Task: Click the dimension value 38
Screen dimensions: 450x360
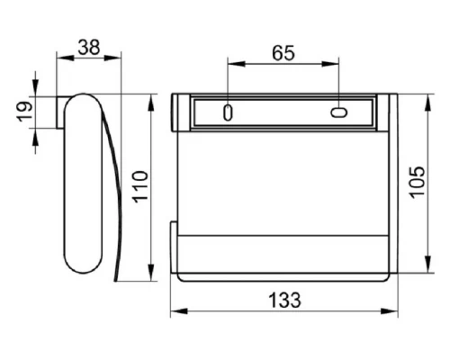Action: [x=89, y=48]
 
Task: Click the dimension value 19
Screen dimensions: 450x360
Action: [x=25, y=112]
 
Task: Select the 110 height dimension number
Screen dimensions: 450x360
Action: [x=140, y=186]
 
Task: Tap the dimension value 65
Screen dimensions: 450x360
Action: [x=283, y=53]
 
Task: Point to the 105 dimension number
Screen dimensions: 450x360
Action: [x=418, y=182]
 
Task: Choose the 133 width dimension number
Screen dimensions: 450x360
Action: [x=284, y=300]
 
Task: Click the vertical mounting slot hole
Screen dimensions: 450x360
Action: [x=228, y=112]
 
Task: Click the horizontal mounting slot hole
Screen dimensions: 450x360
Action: [x=339, y=112]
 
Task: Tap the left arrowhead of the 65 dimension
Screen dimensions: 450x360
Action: [x=237, y=64]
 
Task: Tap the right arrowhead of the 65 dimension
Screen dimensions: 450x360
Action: [x=330, y=64]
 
